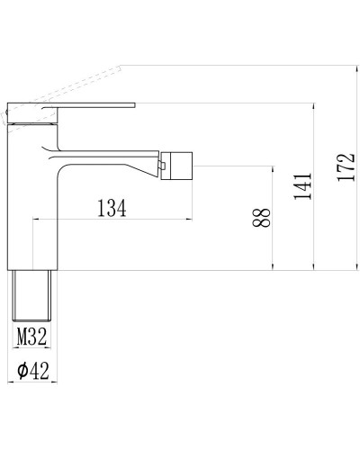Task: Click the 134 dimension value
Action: click(x=111, y=207)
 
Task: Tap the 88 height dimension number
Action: click(x=262, y=217)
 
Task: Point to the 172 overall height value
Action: click(x=345, y=167)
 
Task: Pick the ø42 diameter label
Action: click(x=32, y=368)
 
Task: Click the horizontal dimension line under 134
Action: click(x=112, y=219)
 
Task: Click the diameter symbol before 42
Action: click(x=20, y=368)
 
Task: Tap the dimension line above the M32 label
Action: click(x=32, y=325)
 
